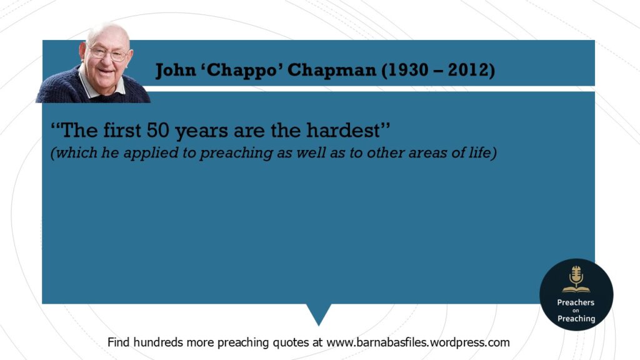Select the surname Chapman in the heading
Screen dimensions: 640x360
tap(332, 70)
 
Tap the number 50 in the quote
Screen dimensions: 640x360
tap(158, 131)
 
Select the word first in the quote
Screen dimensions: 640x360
tap(122, 130)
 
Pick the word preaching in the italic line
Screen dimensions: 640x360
tap(236, 153)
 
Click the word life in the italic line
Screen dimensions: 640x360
tap(481, 152)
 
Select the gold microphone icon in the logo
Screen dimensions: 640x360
tap(576, 279)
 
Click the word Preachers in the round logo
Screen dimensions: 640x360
tap(576, 302)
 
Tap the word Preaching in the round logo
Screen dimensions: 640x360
tap(576, 318)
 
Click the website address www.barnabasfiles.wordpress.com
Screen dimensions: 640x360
tap(418, 342)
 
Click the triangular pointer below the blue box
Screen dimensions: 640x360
tap(319, 312)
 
